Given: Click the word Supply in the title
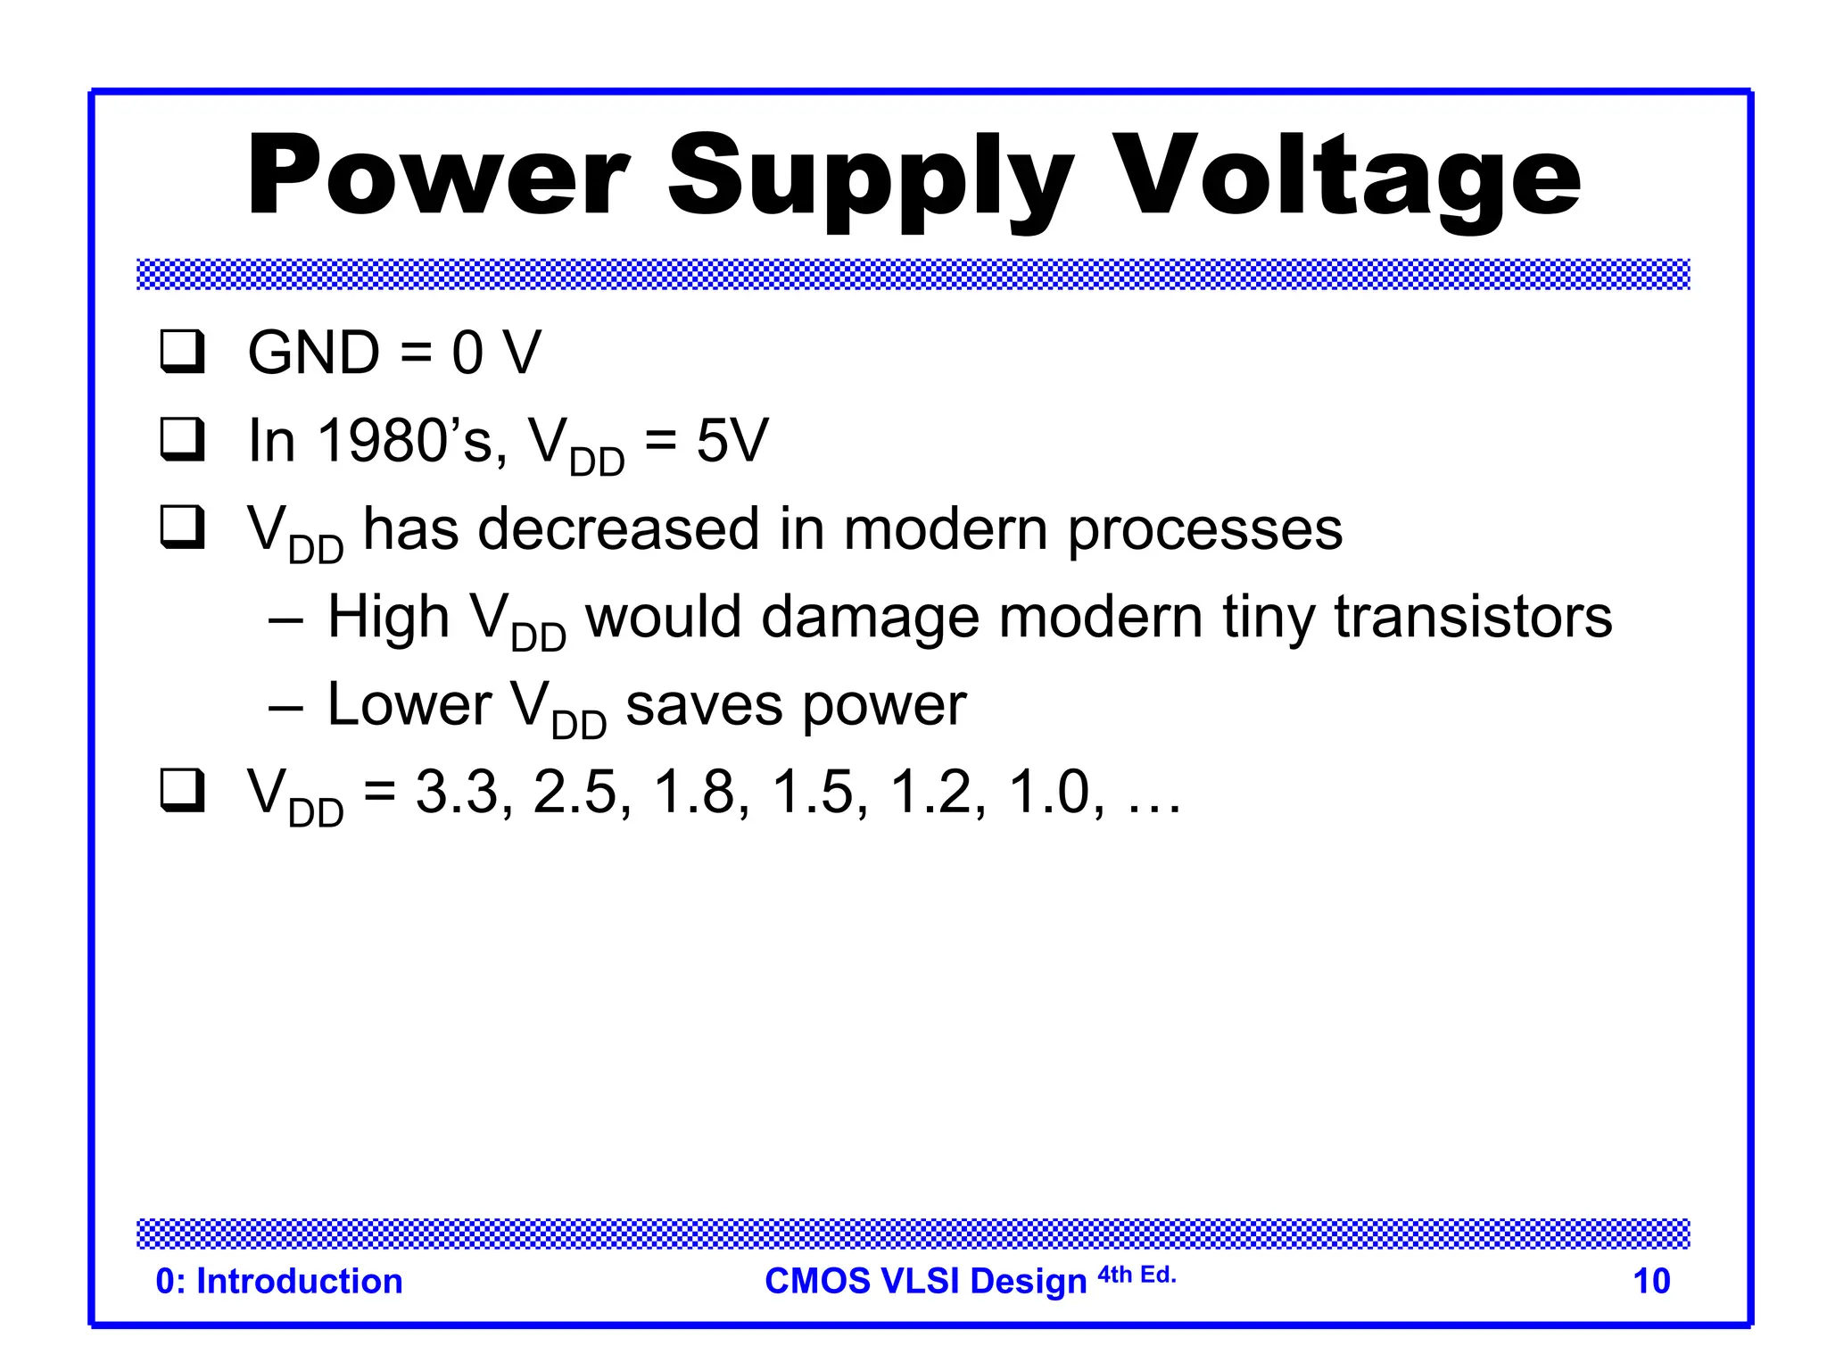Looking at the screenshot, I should (x=870, y=179).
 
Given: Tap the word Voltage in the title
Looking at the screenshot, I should (x=1347, y=179).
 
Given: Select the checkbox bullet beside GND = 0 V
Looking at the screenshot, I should (x=182, y=352).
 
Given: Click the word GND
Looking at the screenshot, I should (x=313, y=353).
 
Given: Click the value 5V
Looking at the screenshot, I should (x=732, y=440).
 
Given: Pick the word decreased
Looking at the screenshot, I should (x=618, y=528).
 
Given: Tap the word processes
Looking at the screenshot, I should (x=1204, y=530).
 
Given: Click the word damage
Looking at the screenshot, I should (x=870, y=617).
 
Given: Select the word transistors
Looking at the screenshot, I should (x=1473, y=617).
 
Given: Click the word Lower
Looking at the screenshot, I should (x=409, y=704).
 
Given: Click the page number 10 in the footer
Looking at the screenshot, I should (x=1650, y=1281).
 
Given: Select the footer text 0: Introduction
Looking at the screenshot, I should (x=279, y=1281).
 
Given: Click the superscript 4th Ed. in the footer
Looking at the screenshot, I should (x=1137, y=1275).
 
